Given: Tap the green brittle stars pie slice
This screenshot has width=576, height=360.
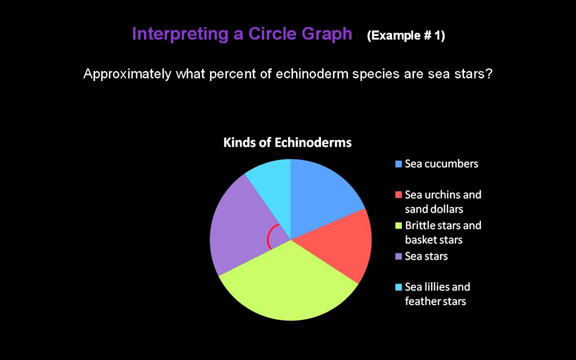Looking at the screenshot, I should [290, 285].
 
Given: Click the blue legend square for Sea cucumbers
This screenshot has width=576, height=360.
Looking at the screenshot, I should [398, 164].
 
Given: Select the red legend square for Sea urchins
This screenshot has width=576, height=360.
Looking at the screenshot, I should [398, 194].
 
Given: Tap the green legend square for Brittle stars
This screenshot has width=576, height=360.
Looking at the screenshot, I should [398, 225].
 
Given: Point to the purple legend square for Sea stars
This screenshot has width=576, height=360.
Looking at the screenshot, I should [398, 256].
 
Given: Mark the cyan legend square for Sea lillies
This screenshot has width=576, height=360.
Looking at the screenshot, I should [398, 287].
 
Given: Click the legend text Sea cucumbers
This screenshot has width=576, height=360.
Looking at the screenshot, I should [441, 164].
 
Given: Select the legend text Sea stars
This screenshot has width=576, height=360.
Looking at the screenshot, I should [426, 256].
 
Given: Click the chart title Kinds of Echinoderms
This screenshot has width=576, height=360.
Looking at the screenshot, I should [287, 143].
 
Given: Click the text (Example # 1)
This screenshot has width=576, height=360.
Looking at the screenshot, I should [405, 36].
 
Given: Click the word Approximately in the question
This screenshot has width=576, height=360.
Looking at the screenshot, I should [127, 74].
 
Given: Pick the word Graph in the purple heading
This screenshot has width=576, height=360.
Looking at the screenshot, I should [327, 34].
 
